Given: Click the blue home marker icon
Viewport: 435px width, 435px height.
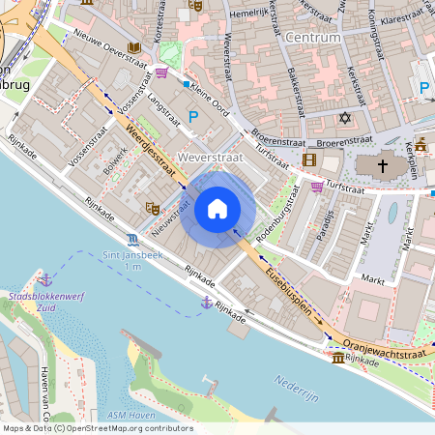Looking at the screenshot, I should point(217,209).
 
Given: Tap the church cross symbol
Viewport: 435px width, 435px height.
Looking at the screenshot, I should point(382,165).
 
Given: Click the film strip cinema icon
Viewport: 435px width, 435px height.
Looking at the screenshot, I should point(309,159).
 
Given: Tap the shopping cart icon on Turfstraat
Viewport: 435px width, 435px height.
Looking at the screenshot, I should point(317,187).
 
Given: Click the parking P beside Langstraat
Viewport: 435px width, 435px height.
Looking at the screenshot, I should point(192,116).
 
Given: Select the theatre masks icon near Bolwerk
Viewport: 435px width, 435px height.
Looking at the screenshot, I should point(151,207).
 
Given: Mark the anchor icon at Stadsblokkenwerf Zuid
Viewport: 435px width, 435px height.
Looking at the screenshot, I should point(44,279).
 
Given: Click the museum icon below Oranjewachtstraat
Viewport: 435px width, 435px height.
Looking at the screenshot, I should point(336,358).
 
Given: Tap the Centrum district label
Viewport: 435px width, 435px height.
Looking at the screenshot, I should point(313,38).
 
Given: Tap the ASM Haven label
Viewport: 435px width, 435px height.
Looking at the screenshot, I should point(130,415).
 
